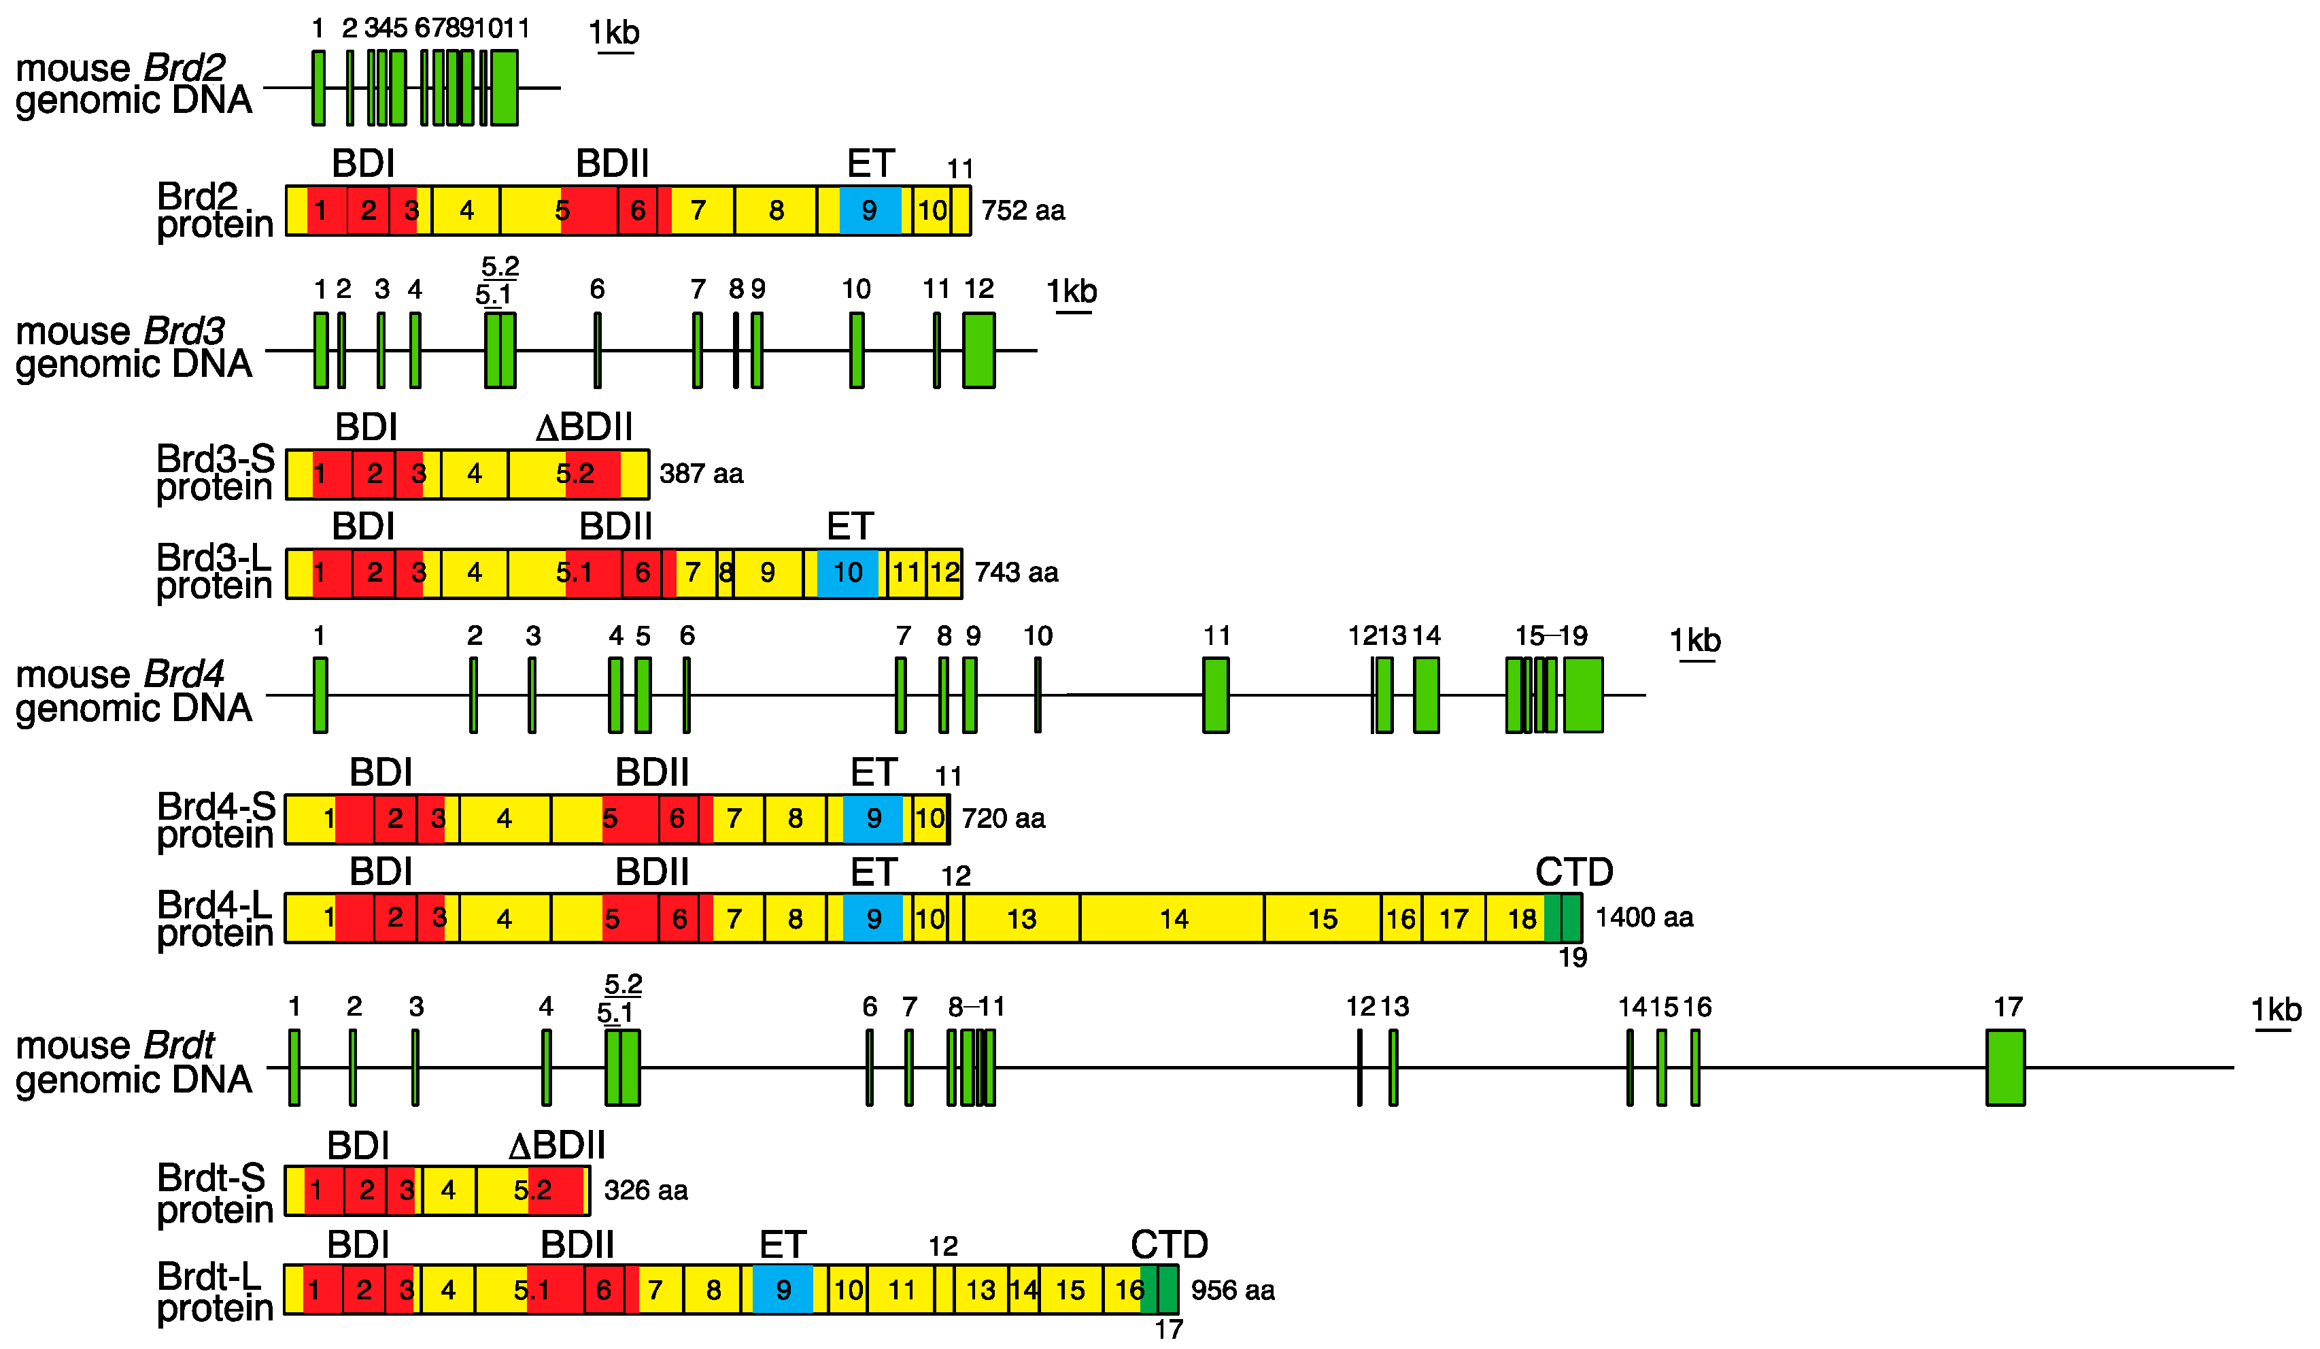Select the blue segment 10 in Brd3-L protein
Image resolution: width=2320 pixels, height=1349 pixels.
847,573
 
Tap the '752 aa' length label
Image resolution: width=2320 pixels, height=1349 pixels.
1023,211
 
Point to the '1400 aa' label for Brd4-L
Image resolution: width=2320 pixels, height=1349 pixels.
1643,917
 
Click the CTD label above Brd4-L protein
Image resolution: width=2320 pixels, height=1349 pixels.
1573,871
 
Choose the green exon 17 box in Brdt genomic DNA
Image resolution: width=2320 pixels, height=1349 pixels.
2005,1067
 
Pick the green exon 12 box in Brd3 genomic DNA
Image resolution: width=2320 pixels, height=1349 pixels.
978,350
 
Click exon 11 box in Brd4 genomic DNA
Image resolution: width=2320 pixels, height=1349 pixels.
1215,695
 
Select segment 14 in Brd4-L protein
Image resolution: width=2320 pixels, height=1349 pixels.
1172,918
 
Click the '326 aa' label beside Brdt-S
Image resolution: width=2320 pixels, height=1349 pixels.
645,1190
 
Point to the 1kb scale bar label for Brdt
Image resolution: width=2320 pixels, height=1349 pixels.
2276,1010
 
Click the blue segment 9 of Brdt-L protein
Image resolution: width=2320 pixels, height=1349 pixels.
783,1289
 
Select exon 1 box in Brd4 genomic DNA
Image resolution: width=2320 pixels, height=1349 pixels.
320,695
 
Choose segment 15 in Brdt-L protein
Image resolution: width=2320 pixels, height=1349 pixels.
1070,1289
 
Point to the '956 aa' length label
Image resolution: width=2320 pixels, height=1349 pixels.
1233,1290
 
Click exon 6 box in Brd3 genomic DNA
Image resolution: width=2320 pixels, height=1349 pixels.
598,350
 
